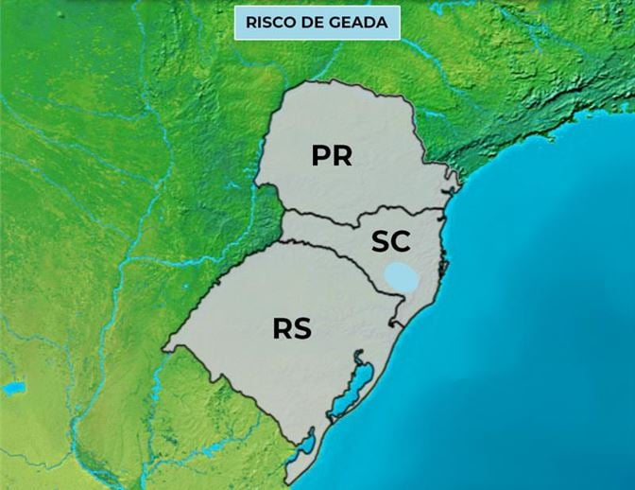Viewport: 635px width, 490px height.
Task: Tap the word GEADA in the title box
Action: pos(360,22)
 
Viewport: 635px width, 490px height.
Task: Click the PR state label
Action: pos(332,156)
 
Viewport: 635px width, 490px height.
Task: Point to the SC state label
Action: pos(390,241)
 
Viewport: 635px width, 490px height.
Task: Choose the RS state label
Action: pos(292,329)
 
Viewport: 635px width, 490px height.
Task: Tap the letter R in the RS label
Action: pos(282,329)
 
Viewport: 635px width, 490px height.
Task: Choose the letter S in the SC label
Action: pos(380,241)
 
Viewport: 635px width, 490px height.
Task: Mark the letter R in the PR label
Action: pos(342,156)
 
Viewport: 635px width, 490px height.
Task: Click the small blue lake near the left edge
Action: pos(13,388)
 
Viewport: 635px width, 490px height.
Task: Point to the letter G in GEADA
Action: pos(337,22)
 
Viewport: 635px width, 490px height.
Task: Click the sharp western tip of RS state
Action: pos(163,350)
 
